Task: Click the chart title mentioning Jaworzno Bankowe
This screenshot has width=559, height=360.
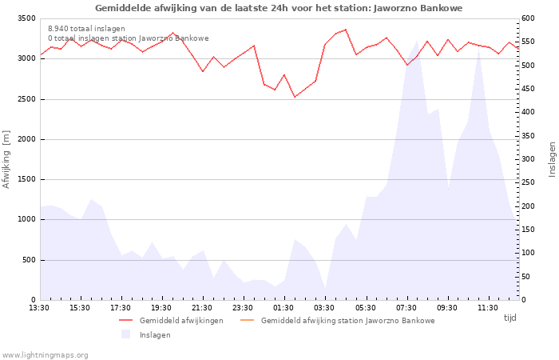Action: pos(279,8)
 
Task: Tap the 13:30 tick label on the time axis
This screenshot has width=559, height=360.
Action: pos(39,308)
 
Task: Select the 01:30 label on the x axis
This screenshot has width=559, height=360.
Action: pos(283,308)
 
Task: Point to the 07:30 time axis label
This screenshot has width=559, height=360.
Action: pos(406,308)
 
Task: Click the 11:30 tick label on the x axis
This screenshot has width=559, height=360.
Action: pos(487,308)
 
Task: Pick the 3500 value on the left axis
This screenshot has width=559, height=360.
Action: pos(26,18)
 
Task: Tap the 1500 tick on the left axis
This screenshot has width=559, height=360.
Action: pos(26,179)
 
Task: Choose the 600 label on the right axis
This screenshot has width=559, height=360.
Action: pos(528,18)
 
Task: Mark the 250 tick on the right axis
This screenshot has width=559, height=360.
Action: pos(528,182)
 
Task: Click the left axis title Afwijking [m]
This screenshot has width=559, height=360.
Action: pos(6,159)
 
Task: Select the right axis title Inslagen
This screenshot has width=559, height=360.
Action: pos(552,159)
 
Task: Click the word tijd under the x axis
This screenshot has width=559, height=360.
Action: pos(509,318)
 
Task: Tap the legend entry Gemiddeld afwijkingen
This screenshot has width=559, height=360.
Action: pos(171,320)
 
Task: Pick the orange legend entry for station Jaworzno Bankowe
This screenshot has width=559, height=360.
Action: pos(338,320)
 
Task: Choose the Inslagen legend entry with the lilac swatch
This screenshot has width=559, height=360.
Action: pos(146,334)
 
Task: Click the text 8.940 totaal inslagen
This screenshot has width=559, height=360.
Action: pos(86,29)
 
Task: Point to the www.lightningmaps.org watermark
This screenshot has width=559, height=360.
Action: pos(45,355)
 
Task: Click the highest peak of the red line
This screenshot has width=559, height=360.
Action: pos(346,30)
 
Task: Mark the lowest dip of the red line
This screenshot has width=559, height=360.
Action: pos(295,97)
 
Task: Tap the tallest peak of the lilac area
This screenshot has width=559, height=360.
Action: pos(417,41)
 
